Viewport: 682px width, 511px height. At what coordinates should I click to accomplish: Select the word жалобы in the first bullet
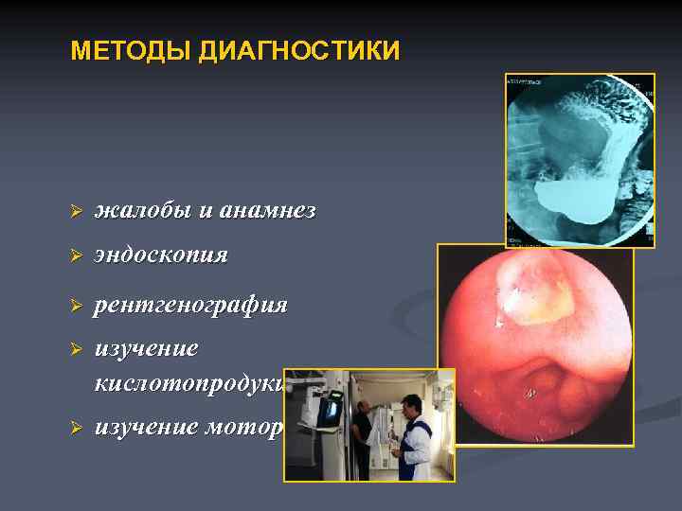(145, 211)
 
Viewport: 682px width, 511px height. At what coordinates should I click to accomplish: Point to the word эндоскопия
(161, 255)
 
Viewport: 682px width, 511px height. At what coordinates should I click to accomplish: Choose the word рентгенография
(190, 306)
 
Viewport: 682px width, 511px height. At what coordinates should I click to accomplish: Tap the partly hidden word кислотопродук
(188, 383)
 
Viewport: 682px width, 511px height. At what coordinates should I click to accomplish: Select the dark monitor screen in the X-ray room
(331, 411)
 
